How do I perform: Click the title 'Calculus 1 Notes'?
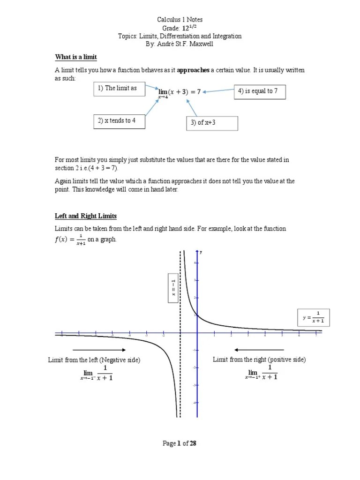pos(180,20)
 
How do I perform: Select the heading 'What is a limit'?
pos(76,57)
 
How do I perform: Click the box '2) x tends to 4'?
pos(119,121)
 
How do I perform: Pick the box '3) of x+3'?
pos(212,123)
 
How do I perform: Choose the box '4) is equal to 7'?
pos(259,92)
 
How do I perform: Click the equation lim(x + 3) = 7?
pos(180,93)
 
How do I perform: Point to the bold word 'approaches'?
pos(193,70)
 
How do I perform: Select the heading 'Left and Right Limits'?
pos(86,216)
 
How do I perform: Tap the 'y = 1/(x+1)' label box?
pos(314,317)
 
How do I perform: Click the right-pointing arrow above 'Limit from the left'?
pos(99,350)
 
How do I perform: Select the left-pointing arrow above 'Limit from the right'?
pos(259,350)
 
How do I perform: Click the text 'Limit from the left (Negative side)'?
pos(94,360)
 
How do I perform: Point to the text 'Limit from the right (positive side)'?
pos(259,360)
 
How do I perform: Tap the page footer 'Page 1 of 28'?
pos(180,443)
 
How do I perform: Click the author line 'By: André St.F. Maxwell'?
pos(180,44)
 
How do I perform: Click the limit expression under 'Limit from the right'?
pos(261,373)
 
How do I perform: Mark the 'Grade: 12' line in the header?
pos(180,28)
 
